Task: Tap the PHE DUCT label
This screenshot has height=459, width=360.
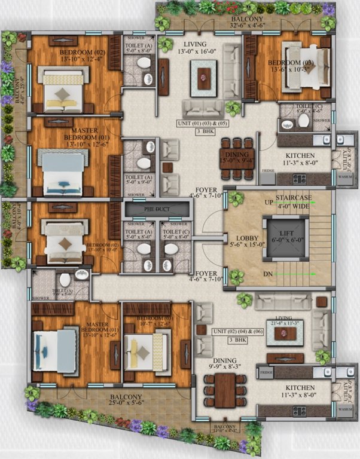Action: [157, 210]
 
